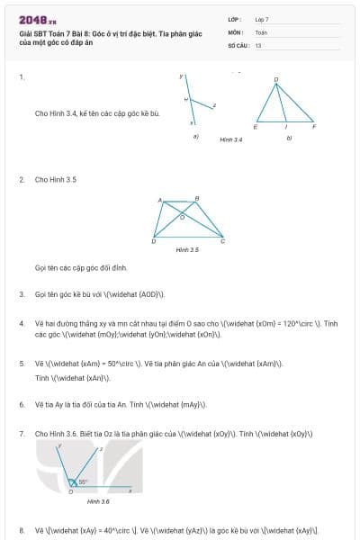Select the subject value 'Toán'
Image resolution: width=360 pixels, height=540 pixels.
261,31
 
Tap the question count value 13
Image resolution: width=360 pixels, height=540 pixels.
258,44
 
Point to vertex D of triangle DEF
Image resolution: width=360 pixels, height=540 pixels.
275,80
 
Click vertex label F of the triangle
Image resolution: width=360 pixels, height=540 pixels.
313,128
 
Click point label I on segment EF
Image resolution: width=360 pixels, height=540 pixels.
285,128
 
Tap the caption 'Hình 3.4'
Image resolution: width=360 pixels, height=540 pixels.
231,140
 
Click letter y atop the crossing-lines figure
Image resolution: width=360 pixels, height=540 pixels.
181,76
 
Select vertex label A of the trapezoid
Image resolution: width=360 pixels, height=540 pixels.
159,200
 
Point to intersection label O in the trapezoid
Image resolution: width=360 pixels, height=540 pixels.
184,216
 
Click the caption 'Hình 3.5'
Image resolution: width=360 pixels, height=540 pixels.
187,249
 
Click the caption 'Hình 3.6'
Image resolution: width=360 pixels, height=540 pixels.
98,501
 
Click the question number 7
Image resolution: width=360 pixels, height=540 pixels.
21,434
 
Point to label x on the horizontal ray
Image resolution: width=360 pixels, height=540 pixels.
130,490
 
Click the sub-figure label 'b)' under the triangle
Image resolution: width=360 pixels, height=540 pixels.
289,138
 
